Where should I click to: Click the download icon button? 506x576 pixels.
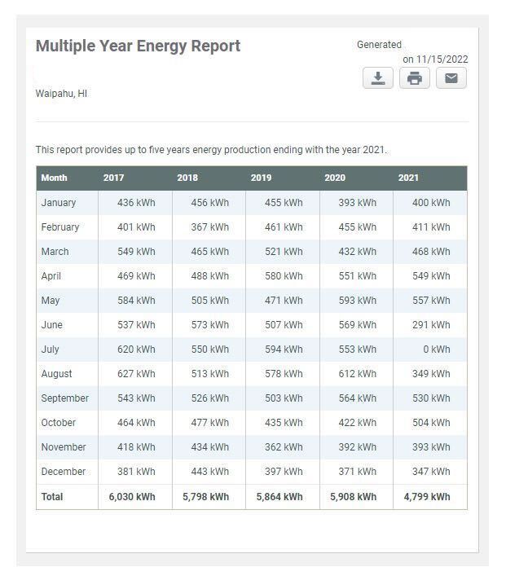click(x=378, y=78)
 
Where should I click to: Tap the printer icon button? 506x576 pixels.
click(x=415, y=78)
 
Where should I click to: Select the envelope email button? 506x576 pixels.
click(x=451, y=78)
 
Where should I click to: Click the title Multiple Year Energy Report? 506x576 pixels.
click(x=138, y=46)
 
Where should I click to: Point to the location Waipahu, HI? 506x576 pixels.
click(x=61, y=94)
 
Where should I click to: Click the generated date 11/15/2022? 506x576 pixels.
click(x=442, y=59)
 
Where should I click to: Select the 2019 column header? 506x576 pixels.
click(x=262, y=178)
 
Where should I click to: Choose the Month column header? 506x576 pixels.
click(x=54, y=178)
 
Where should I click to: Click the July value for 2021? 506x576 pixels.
click(x=437, y=350)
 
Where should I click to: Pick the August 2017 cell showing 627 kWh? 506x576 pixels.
click(x=136, y=374)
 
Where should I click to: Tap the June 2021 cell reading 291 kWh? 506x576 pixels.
click(x=431, y=325)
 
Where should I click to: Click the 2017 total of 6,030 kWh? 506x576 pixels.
click(x=132, y=497)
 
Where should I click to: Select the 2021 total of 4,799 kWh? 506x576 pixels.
click(x=427, y=497)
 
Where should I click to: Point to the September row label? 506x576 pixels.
click(x=65, y=398)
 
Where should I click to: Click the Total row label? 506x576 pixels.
click(x=52, y=497)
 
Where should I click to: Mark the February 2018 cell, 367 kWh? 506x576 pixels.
click(x=210, y=227)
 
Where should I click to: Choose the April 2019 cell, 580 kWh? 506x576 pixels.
click(x=284, y=276)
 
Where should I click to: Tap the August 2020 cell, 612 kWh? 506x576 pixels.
click(x=358, y=374)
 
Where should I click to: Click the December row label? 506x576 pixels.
click(x=64, y=471)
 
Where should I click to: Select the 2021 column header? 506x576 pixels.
click(x=408, y=178)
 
